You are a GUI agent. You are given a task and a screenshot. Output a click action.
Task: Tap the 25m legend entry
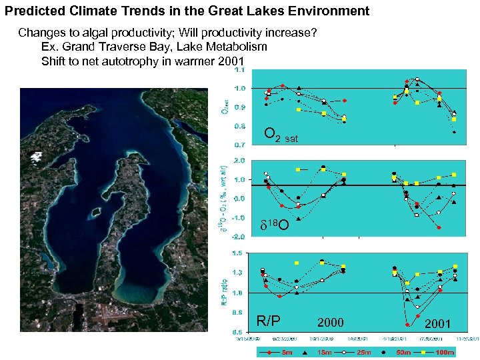[x=363, y=352]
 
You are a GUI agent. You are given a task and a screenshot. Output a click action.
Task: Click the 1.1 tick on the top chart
[x=239, y=69]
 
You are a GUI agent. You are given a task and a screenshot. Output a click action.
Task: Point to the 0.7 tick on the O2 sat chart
[x=239, y=143]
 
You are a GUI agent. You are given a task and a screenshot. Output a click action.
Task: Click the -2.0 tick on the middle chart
[x=238, y=236]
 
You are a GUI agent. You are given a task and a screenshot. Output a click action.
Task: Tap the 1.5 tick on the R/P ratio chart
[x=238, y=253]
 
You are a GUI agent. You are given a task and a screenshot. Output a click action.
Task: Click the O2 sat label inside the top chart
[x=281, y=136]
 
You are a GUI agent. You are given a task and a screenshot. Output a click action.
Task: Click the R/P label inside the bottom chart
[x=269, y=321]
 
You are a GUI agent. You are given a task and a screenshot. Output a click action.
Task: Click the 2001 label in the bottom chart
[x=437, y=323]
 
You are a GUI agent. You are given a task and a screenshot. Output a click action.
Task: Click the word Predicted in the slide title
[x=32, y=11]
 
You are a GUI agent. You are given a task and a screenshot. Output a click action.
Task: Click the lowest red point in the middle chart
[x=439, y=227]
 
